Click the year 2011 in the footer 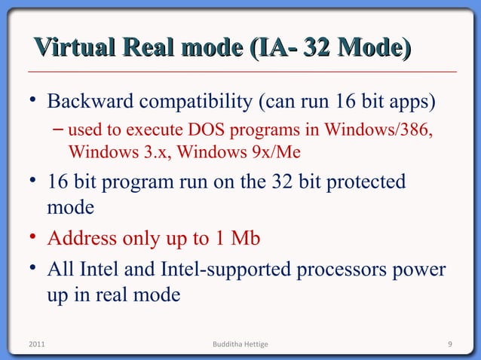pyautogui.click(x=36, y=345)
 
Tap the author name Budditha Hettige pyautogui.click(x=240, y=345)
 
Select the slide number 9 pyautogui.click(x=449, y=345)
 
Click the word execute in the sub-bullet pyautogui.click(x=152, y=133)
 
